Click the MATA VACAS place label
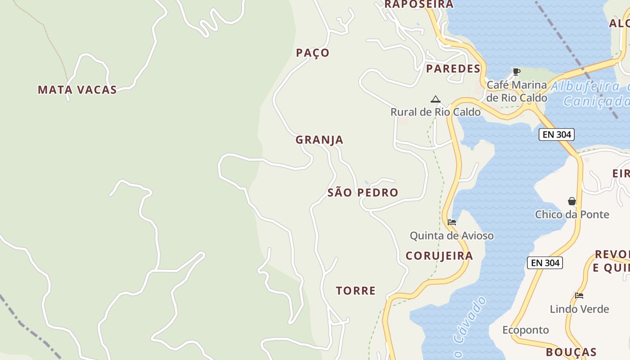77,90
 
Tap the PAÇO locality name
313,53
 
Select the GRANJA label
319,140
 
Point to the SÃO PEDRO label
363,193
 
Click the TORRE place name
356,291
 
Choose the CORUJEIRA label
439,256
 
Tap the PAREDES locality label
453,69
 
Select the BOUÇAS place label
571,352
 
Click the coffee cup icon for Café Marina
517,72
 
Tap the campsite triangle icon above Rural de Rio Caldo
435,99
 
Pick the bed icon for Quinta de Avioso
452,222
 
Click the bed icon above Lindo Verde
579,296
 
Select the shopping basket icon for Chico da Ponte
572,201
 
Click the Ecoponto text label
525,330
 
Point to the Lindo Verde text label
579,309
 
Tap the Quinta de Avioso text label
451,236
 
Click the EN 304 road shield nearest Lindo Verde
544,263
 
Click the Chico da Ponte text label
572,215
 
